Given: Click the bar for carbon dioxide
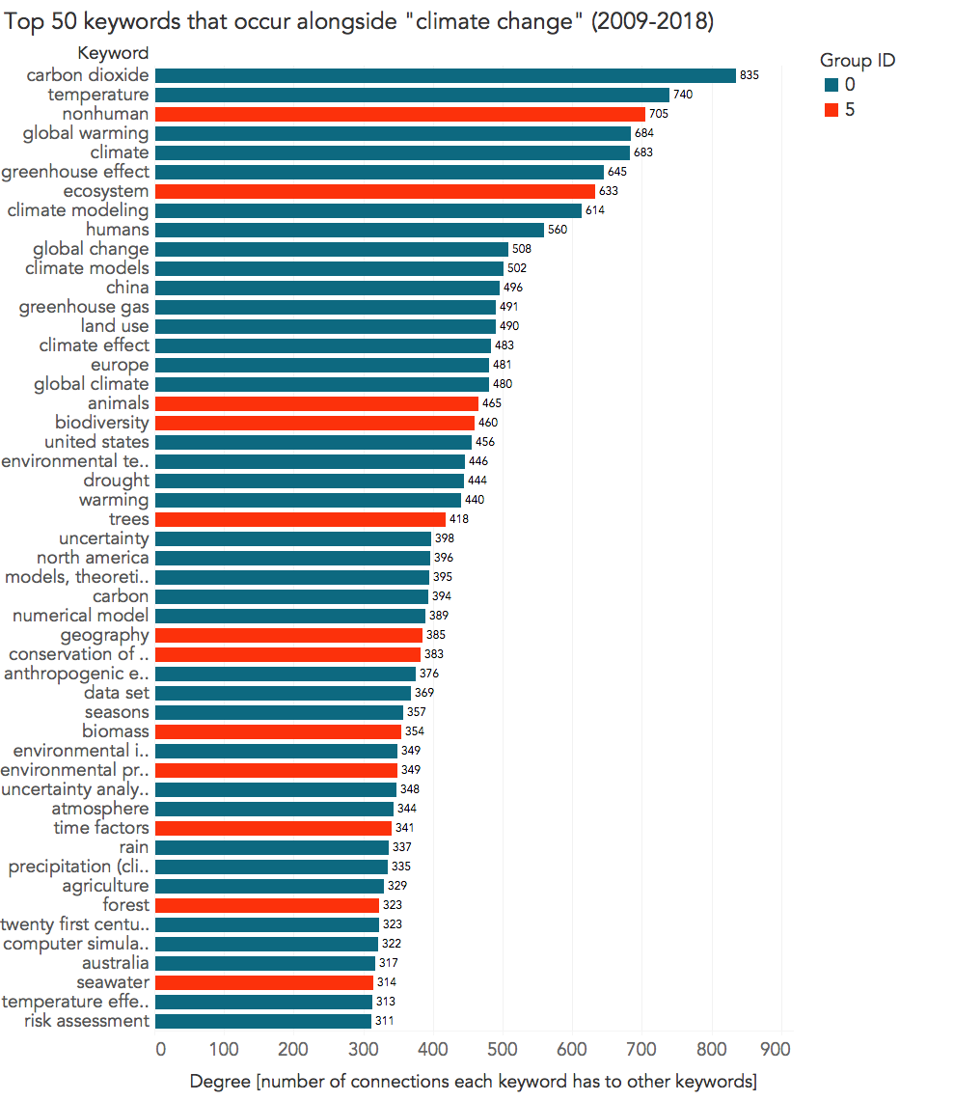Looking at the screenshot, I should coord(445,75).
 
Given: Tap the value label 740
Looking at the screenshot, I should coord(683,95).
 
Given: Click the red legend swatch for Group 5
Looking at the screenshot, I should coord(831,110).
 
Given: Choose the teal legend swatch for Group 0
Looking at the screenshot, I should coord(831,85).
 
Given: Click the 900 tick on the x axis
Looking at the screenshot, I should coord(777,1048).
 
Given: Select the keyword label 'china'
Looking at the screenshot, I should coord(127,288).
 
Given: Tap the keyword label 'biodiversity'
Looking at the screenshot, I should coord(102,423).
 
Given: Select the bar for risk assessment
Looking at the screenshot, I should coord(262,1021).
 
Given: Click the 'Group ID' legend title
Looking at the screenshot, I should coord(858,60).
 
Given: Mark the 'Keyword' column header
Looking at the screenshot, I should coord(113,53).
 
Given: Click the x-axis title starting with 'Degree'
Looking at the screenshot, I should coord(473,1080).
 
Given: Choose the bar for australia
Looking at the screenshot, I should coord(264,963).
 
